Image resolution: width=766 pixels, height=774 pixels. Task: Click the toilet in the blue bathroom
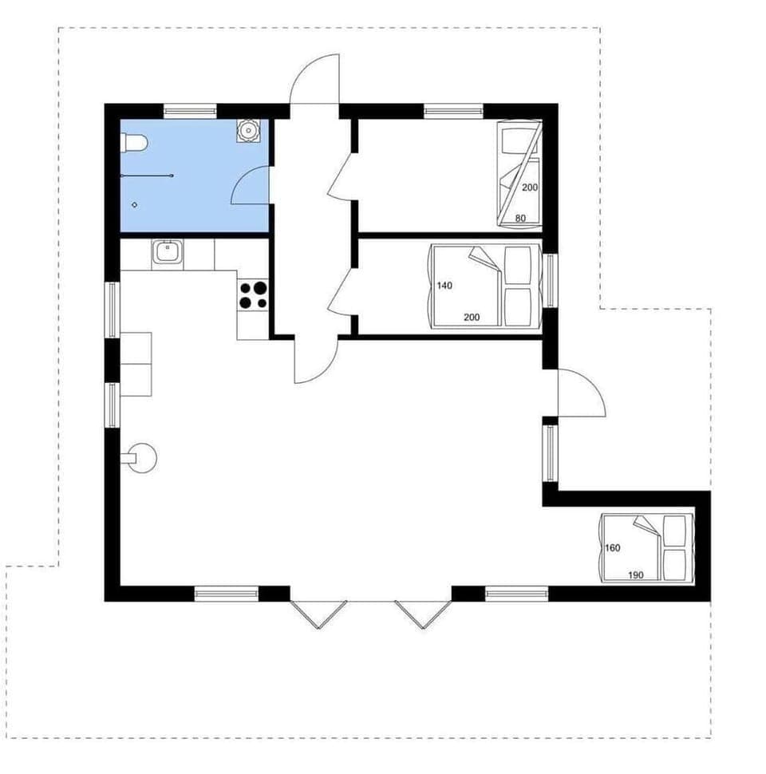(134, 144)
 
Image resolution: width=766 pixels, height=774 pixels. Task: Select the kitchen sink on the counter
(168, 253)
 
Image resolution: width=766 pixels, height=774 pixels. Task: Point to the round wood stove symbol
(143, 458)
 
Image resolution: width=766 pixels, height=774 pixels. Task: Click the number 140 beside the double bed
(444, 285)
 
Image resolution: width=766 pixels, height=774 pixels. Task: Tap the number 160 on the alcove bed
(613, 548)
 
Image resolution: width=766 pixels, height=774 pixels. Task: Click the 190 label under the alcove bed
(635, 575)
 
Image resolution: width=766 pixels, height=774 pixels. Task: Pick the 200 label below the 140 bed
(471, 318)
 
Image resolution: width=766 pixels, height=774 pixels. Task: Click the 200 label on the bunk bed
(529, 188)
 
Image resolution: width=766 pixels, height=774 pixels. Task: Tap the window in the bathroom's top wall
(190, 110)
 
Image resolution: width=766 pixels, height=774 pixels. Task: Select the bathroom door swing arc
(249, 188)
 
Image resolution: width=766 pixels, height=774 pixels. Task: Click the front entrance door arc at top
(314, 80)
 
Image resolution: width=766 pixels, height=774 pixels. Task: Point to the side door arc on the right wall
(583, 394)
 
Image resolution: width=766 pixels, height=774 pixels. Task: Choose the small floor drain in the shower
(135, 204)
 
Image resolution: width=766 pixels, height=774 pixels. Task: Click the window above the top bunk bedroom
(452, 110)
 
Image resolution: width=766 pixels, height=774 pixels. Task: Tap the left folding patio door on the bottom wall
(318, 613)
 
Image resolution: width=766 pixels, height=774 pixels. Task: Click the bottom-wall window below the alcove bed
(516, 593)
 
